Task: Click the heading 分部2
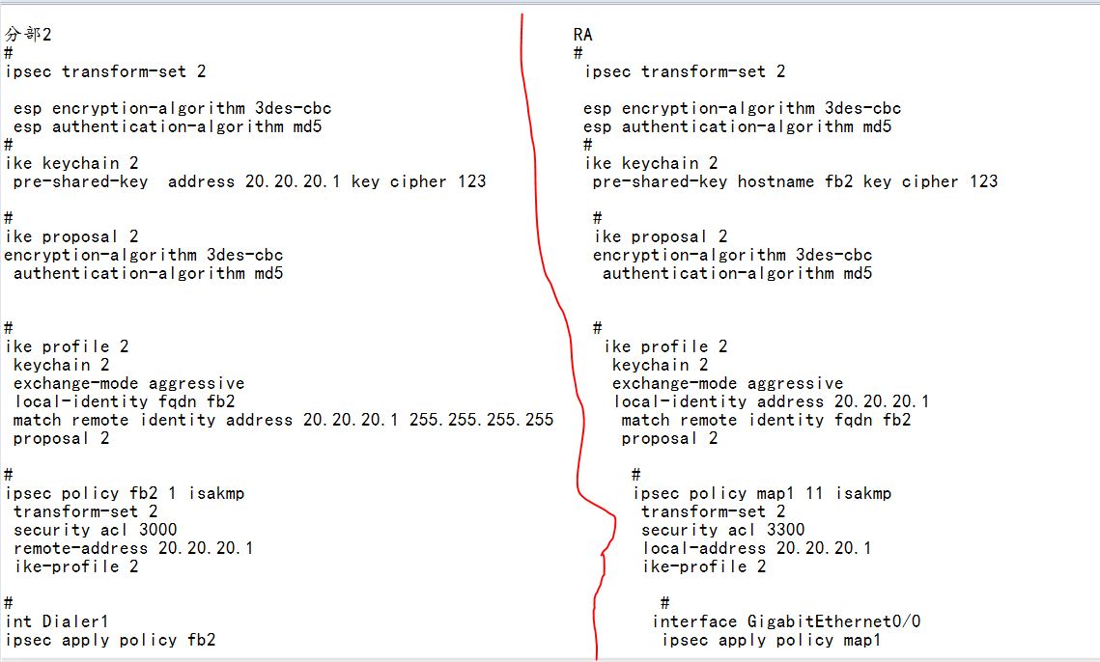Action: [28, 35]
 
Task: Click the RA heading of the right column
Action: [582, 35]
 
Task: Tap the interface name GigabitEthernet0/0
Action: [833, 621]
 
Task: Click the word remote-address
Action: [80, 548]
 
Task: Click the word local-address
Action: [704, 548]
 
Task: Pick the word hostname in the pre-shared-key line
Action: [776, 181]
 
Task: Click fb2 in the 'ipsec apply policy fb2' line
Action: [201, 640]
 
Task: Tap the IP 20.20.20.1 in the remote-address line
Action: [206, 548]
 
